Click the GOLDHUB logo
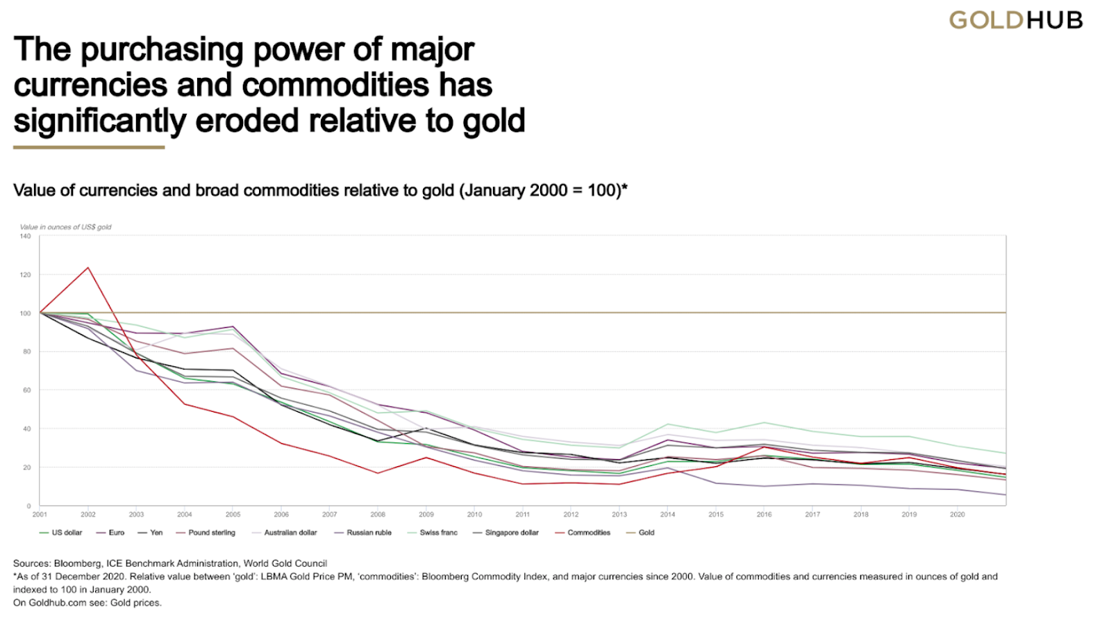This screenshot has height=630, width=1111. coord(1015,20)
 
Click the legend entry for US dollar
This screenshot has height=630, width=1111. coord(67,533)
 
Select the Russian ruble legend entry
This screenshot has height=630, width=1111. coord(369,533)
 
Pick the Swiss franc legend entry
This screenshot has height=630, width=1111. coord(438,533)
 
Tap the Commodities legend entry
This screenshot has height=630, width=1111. coord(588,533)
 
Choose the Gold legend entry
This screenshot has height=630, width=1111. coord(646,533)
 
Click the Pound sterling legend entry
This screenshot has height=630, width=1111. coord(211,533)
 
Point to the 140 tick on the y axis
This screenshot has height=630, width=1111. coord(25,236)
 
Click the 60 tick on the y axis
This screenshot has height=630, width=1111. coord(26,390)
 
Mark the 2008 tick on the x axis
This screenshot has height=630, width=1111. coord(378,515)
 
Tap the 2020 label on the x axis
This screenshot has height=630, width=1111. coord(957,515)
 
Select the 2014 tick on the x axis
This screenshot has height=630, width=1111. coord(667,515)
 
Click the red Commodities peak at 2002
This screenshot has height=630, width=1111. coord(88,267)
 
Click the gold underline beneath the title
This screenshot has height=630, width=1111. coord(89,147)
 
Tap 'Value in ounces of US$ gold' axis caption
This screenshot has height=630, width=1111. coord(65,227)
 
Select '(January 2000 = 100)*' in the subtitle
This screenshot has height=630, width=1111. coord(543,190)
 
